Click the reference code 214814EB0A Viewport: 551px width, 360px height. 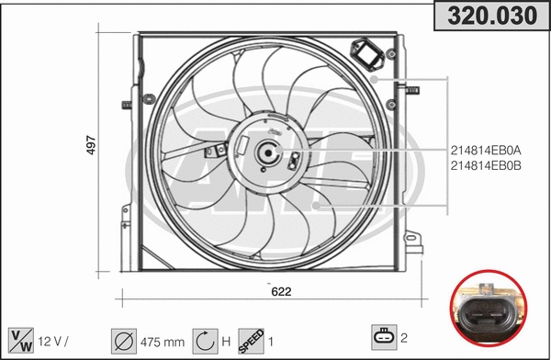pyautogui.click(x=486, y=150)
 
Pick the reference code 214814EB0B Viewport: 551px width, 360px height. pyautogui.click(x=486, y=165)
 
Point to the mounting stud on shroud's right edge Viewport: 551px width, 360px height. pyautogui.click(x=410, y=89)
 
